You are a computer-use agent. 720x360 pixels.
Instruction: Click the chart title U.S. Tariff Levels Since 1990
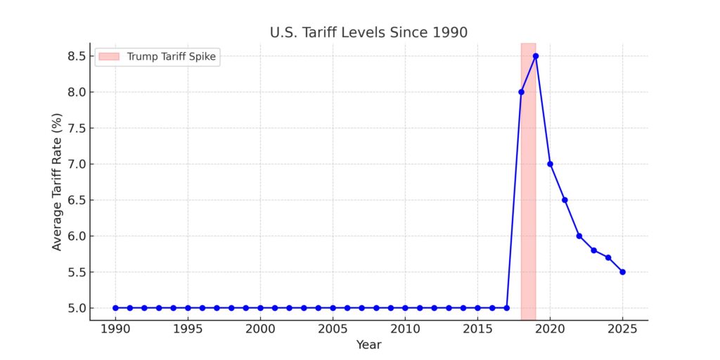click(x=368, y=32)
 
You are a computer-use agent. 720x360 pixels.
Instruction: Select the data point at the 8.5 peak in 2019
click(x=536, y=56)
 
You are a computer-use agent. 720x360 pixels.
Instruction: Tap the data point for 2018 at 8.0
click(x=521, y=91)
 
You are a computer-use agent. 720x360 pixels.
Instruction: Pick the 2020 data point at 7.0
click(x=550, y=164)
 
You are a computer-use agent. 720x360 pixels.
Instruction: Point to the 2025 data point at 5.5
click(x=622, y=272)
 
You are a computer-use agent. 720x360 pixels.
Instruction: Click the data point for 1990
click(x=115, y=308)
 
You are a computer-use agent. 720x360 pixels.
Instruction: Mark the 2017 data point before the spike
click(x=506, y=308)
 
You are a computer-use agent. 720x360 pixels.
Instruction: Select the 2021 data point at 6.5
click(x=565, y=200)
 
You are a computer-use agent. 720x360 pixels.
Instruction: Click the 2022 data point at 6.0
click(x=579, y=236)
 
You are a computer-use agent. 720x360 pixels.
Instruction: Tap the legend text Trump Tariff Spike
click(x=171, y=57)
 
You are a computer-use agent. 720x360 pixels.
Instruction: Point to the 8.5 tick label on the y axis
click(x=74, y=56)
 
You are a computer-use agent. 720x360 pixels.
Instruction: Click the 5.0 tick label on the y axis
click(x=74, y=308)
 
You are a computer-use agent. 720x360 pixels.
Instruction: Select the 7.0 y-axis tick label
click(x=74, y=164)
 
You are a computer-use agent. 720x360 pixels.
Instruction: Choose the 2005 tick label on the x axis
click(x=333, y=329)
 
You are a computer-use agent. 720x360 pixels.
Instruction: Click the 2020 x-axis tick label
click(x=550, y=329)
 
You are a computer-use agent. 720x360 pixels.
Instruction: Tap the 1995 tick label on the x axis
click(x=188, y=329)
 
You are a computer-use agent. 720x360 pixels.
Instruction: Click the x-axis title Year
click(x=368, y=345)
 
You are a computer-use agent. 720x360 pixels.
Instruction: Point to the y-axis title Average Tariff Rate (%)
click(x=57, y=182)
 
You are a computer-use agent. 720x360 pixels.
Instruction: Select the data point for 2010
click(x=405, y=308)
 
